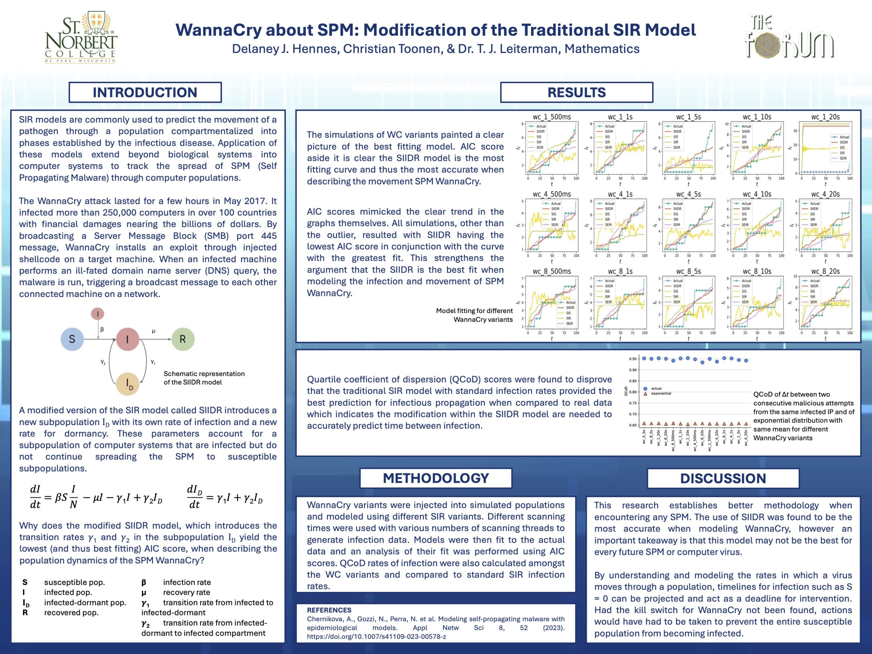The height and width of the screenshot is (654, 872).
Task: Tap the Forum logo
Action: (x=789, y=37)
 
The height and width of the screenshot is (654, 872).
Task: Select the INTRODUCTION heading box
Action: (x=145, y=92)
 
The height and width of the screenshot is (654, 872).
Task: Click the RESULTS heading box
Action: (x=576, y=92)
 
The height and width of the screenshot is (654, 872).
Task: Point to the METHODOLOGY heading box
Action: (x=436, y=478)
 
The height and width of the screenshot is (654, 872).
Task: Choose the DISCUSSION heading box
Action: (x=723, y=478)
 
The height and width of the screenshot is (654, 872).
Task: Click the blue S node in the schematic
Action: (x=72, y=339)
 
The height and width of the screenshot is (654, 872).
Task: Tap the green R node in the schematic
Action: (x=183, y=339)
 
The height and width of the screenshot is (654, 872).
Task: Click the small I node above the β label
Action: (x=98, y=314)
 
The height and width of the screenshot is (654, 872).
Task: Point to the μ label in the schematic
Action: (x=153, y=331)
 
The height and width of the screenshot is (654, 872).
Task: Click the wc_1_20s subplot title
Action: (x=825, y=117)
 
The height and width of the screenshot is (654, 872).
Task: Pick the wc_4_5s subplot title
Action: (x=688, y=194)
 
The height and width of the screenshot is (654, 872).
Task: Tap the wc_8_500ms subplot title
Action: (x=551, y=271)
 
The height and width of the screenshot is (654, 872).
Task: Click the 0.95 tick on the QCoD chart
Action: (x=633, y=359)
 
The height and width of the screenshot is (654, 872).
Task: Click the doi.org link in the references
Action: (x=376, y=637)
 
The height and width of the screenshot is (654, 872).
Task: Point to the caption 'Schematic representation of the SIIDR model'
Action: (x=204, y=378)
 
